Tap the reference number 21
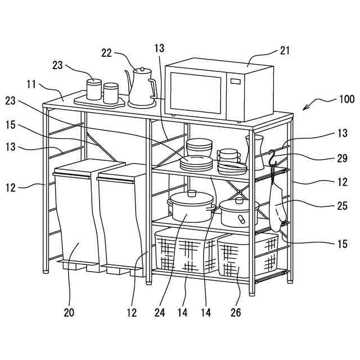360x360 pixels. pos(285,51)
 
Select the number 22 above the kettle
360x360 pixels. pos(107,53)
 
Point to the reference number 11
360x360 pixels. pos(31,84)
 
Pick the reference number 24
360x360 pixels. pos(160,312)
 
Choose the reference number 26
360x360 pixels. pos(236,312)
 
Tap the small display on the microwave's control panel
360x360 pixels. pos(236,84)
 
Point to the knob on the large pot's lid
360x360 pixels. pos(191,193)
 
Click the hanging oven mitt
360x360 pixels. pos(278,205)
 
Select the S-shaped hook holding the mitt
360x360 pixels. pos(272,157)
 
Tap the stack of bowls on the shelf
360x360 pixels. pos(200,147)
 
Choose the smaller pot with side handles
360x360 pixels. pos(239,211)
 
